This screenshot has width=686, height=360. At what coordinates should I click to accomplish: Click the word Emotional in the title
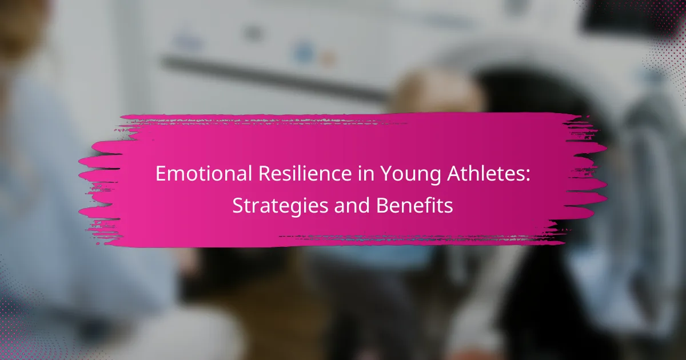click(204, 173)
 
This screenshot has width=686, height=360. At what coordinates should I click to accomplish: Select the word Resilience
click(305, 173)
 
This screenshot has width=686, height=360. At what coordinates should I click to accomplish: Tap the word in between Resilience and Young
click(366, 173)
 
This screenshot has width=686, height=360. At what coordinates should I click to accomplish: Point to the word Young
click(410, 175)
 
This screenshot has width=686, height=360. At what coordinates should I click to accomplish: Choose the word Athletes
click(485, 173)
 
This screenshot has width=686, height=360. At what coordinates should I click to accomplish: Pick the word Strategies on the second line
click(280, 206)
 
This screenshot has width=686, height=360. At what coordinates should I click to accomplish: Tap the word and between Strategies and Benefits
click(352, 205)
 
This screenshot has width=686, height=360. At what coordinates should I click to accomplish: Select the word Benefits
click(414, 205)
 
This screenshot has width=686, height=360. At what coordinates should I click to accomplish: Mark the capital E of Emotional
click(161, 174)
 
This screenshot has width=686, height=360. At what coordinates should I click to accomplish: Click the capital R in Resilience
click(265, 174)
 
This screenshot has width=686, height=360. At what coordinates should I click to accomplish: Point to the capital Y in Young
click(386, 174)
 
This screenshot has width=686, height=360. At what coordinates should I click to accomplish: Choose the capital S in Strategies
click(238, 205)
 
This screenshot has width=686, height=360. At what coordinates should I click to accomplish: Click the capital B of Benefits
click(382, 205)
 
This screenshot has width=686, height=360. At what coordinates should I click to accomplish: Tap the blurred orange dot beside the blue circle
click(327, 59)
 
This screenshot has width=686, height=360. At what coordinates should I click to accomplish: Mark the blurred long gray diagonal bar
click(273, 78)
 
